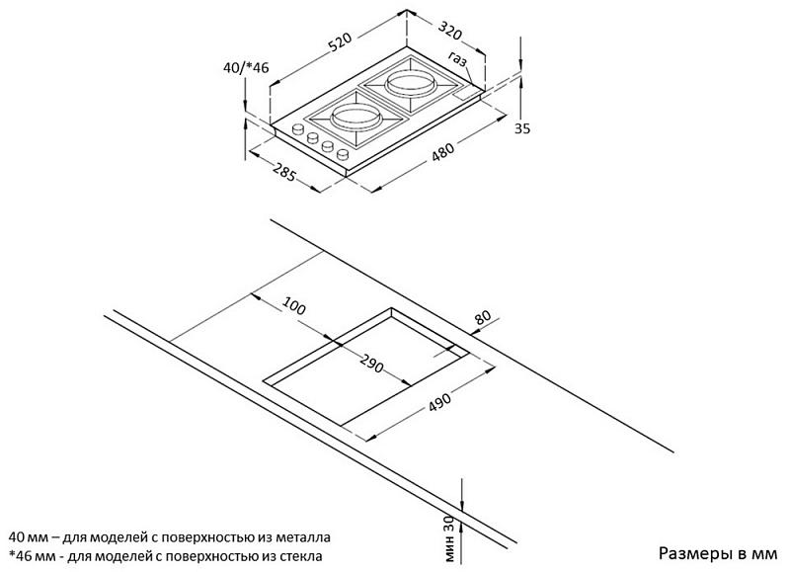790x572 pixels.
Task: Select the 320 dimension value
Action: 450,31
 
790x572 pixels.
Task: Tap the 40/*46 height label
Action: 246,67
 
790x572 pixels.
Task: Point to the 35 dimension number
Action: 522,128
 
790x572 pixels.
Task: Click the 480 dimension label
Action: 443,151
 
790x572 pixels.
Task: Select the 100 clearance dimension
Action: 293,305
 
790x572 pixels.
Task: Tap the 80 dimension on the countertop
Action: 483,317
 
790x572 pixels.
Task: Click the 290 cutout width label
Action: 372,364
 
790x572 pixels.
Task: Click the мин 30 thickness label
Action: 449,538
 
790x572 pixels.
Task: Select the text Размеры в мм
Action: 719,553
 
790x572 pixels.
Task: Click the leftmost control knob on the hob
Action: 298,129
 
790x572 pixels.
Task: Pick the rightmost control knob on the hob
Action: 344,153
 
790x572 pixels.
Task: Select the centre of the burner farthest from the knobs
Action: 410,83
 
